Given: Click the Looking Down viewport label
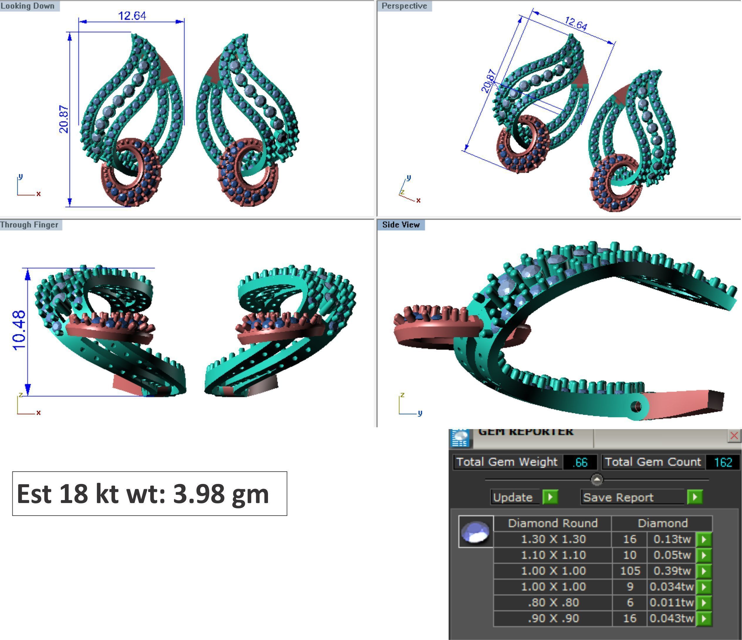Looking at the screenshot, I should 28,6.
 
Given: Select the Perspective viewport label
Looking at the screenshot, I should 404,6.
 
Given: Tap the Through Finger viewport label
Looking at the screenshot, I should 29,225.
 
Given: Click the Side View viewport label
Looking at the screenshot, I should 401,225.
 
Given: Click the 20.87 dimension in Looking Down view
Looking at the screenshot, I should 64,119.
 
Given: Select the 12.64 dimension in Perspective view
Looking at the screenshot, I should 576,24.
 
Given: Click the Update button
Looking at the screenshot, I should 512,497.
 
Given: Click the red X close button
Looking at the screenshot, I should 734,436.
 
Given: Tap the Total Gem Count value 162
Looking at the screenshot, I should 723,462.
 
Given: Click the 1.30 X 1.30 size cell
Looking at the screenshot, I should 553,539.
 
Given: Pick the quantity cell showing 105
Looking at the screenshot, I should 630,570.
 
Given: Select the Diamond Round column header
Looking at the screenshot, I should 553,523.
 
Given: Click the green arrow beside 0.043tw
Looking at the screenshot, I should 704,618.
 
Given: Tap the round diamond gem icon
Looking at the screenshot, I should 475,532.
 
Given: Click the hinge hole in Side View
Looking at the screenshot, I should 636,407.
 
